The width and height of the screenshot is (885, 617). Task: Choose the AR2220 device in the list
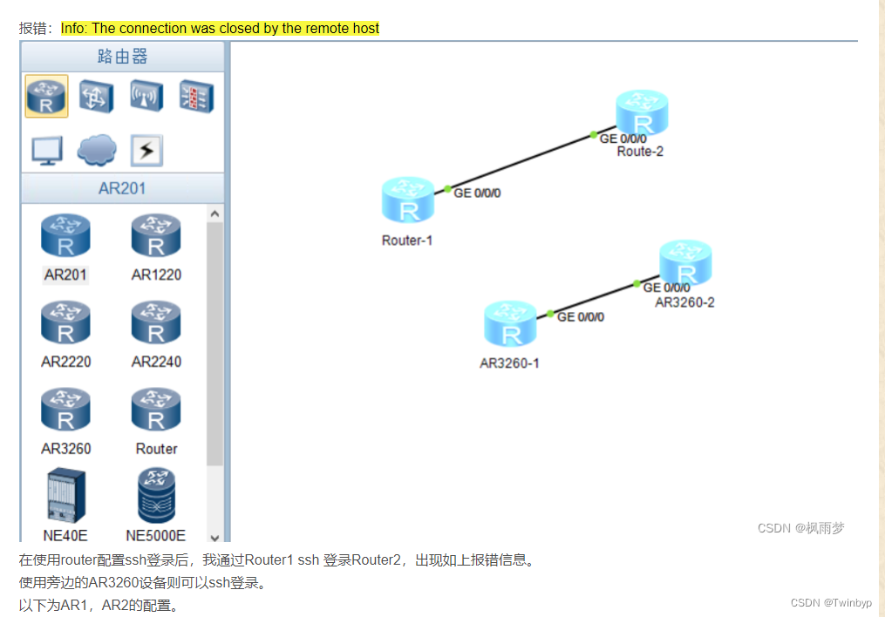coord(65,323)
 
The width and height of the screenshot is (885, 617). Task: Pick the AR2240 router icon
coord(156,323)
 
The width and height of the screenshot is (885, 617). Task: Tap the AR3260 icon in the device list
coord(65,410)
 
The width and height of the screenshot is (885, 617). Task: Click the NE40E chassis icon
coord(65,495)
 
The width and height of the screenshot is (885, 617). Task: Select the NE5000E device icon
coord(156,495)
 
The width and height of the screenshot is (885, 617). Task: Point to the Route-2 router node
coord(642,113)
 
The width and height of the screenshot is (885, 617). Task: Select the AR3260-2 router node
coord(685,263)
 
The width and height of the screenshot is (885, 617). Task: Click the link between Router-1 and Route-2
coord(521,162)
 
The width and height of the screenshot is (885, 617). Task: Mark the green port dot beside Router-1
coord(447,188)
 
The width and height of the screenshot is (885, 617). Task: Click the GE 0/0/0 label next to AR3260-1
coord(581,317)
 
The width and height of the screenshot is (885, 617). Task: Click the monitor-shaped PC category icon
coord(47,151)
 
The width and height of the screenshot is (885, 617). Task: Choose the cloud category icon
coord(97,150)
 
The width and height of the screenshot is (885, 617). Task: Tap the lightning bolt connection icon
coord(146,151)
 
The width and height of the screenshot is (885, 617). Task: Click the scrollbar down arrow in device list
coord(215,538)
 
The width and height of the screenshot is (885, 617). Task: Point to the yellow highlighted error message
coord(220,29)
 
